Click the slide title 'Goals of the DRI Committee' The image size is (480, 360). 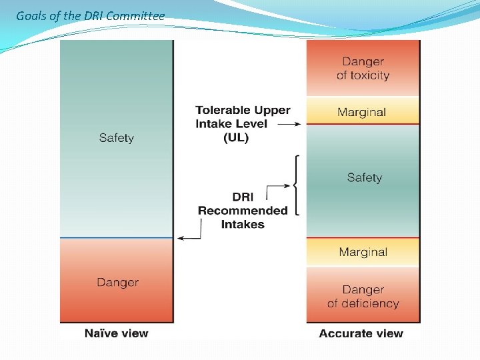(90, 15)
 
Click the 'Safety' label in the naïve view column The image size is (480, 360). (117, 138)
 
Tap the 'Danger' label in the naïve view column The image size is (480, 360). (117, 282)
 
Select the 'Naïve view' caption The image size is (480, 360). (117, 333)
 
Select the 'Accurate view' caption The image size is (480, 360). (361, 333)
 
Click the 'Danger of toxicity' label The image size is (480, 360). (363, 69)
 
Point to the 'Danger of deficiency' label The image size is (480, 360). (363, 297)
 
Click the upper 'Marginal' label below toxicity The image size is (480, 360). (361, 112)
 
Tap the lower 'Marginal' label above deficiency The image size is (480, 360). (363, 252)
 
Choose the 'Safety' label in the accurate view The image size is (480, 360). (364, 177)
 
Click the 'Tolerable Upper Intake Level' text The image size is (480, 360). (243, 117)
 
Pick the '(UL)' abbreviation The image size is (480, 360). (236, 137)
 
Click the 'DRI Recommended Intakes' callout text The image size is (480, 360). (243, 211)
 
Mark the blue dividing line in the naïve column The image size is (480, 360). (117, 237)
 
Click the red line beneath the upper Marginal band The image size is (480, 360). (363, 125)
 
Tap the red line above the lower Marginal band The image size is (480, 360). (363, 238)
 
